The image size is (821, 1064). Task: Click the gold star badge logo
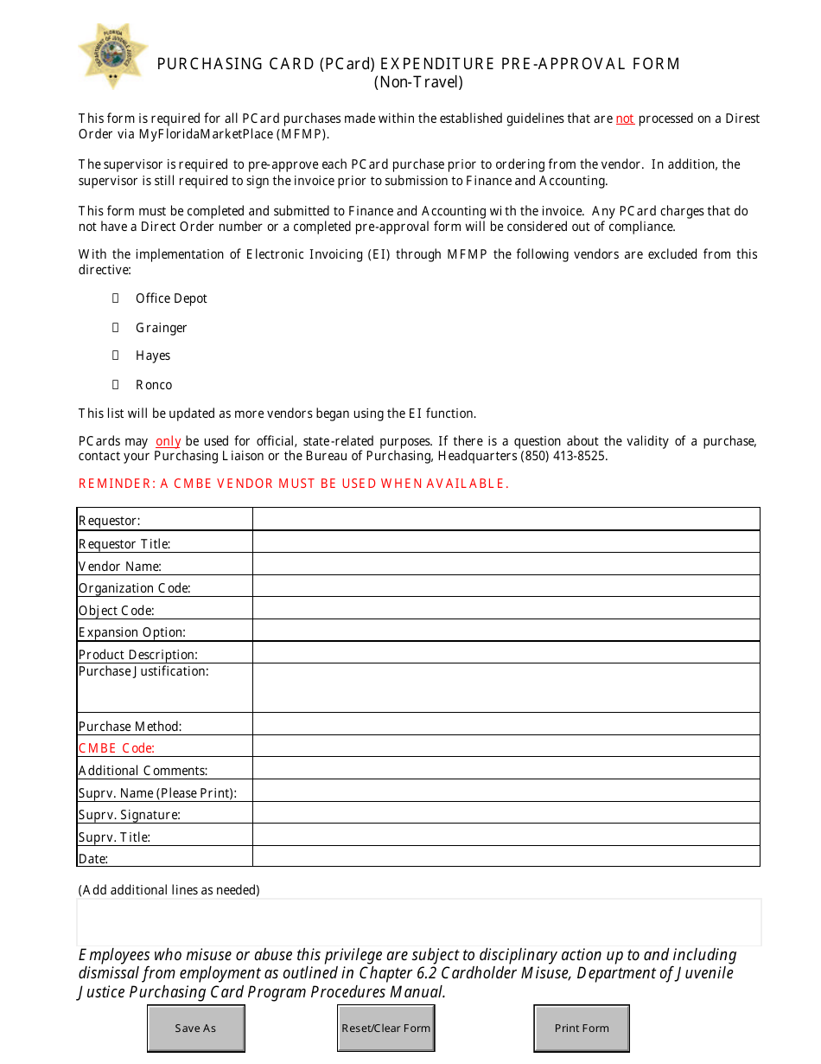coord(112,55)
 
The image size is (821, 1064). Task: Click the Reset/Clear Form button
coord(385,1029)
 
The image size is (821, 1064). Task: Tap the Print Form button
coord(582,1029)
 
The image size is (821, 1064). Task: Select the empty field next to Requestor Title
coord(506,542)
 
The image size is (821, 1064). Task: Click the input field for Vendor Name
coord(506,565)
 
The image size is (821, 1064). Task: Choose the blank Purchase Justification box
coord(506,688)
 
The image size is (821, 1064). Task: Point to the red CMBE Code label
coord(117,748)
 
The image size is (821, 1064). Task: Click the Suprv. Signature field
coord(506,813)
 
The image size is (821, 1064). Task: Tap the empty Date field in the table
coord(506,856)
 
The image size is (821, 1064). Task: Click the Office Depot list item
coord(171,298)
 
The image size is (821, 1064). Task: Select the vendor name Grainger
coord(161,328)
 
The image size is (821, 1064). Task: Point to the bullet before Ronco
coord(115,385)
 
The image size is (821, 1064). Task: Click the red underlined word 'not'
coord(625,119)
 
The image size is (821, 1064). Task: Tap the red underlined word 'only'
coord(168,441)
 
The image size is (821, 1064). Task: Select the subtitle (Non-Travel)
coord(418,83)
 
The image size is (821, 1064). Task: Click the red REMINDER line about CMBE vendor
coord(294,484)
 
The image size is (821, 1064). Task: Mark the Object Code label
coord(117,610)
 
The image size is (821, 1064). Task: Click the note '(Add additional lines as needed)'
coord(169,890)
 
